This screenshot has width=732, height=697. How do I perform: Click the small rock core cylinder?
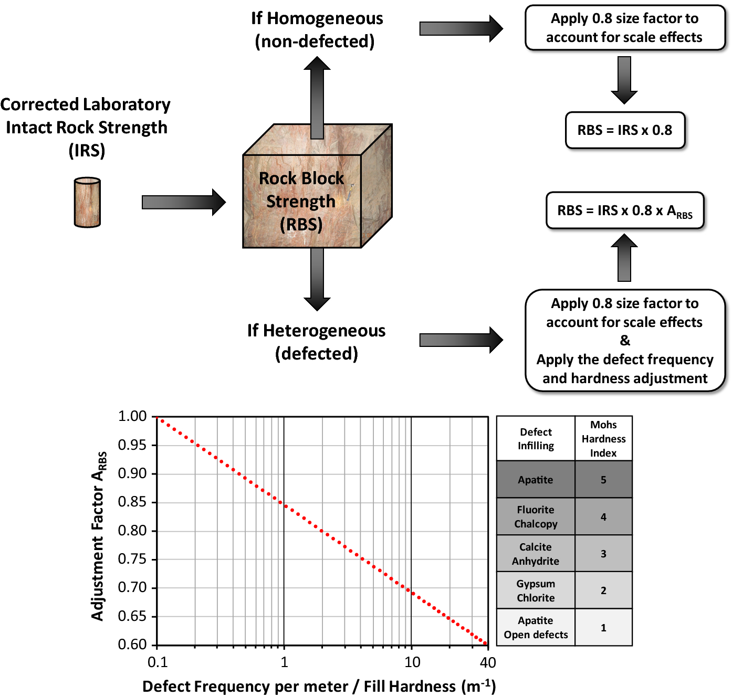(87, 203)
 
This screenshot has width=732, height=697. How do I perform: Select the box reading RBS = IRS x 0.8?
(625, 130)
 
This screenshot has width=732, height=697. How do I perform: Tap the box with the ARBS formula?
(625, 210)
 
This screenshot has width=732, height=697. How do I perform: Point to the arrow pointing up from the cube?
(317, 97)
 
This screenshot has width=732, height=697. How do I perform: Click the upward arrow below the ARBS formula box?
(624, 258)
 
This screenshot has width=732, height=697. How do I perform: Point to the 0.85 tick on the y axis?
(132, 502)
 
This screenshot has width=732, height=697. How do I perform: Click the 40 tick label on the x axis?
(488, 662)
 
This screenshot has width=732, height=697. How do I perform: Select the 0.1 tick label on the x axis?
(158, 662)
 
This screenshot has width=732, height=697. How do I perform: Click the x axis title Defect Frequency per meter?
(319, 687)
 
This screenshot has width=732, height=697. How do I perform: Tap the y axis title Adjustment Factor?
(99, 535)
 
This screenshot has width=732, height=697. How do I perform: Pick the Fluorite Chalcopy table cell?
(536, 516)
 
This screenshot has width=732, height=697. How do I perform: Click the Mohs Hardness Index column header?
(603, 439)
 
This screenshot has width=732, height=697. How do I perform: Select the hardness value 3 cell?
(603, 554)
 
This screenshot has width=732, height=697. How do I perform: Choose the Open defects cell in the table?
(536, 628)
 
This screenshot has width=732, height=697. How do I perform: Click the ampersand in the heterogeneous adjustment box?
(625, 341)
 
